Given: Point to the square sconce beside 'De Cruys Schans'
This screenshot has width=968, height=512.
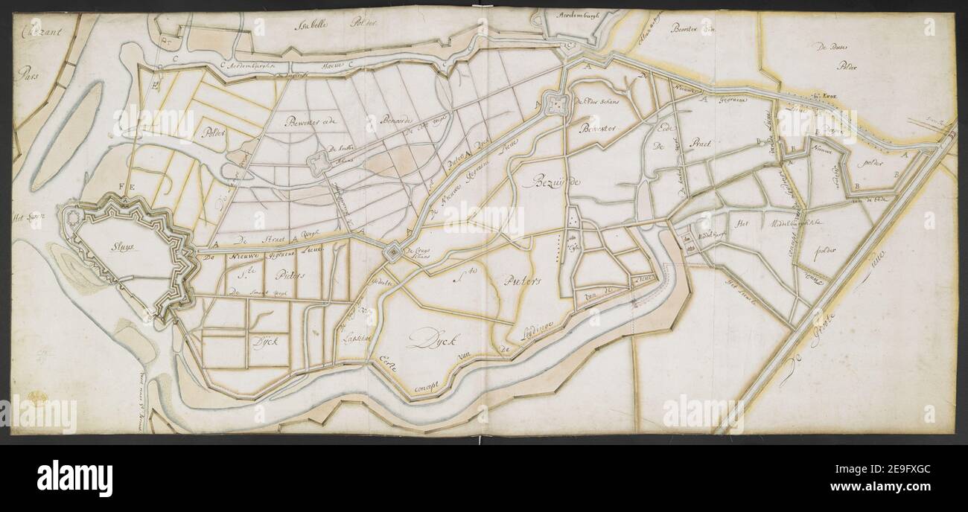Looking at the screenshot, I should click(x=391, y=253).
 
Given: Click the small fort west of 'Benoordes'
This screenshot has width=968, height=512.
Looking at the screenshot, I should click(x=319, y=160).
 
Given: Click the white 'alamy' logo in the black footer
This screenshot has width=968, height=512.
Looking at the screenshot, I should click(x=74, y=477).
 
